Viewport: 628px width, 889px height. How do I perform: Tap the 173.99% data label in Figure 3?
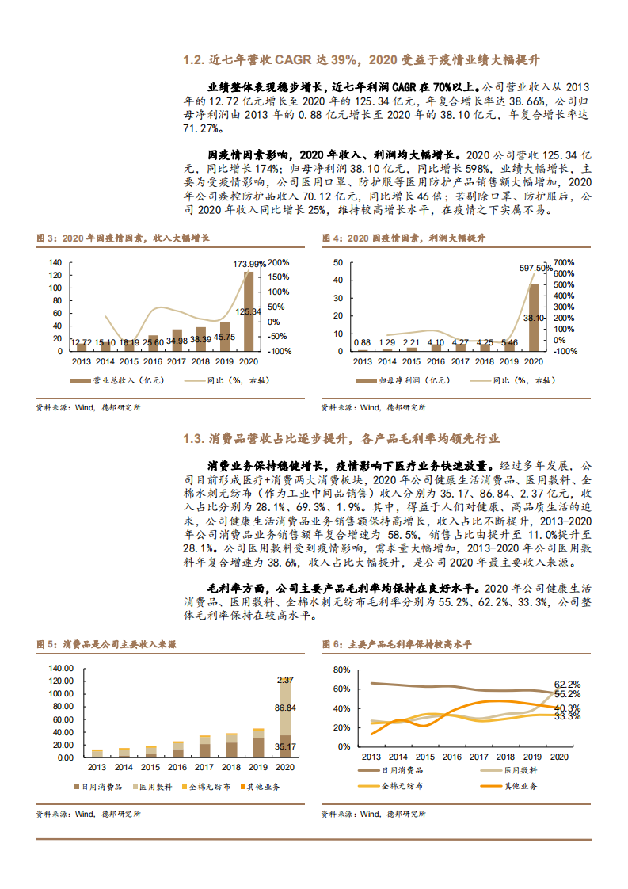(x=249, y=264)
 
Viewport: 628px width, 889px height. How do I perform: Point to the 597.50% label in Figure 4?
(x=536, y=269)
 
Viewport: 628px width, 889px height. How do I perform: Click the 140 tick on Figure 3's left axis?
(x=55, y=262)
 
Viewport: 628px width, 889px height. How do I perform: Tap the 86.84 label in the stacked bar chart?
(x=285, y=708)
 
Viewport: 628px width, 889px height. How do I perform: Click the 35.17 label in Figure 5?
(x=285, y=746)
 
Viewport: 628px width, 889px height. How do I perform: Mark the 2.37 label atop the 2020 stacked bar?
(x=285, y=680)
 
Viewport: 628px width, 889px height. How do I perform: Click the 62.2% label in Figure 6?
(x=567, y=684)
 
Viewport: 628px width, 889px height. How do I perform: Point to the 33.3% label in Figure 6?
(x=567, y=715)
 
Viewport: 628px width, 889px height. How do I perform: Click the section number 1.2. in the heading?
(x=193, y=60)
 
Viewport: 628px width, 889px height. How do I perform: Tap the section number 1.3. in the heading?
(x=193, y=438)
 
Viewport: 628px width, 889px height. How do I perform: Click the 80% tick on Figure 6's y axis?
(x=342, y=669)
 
